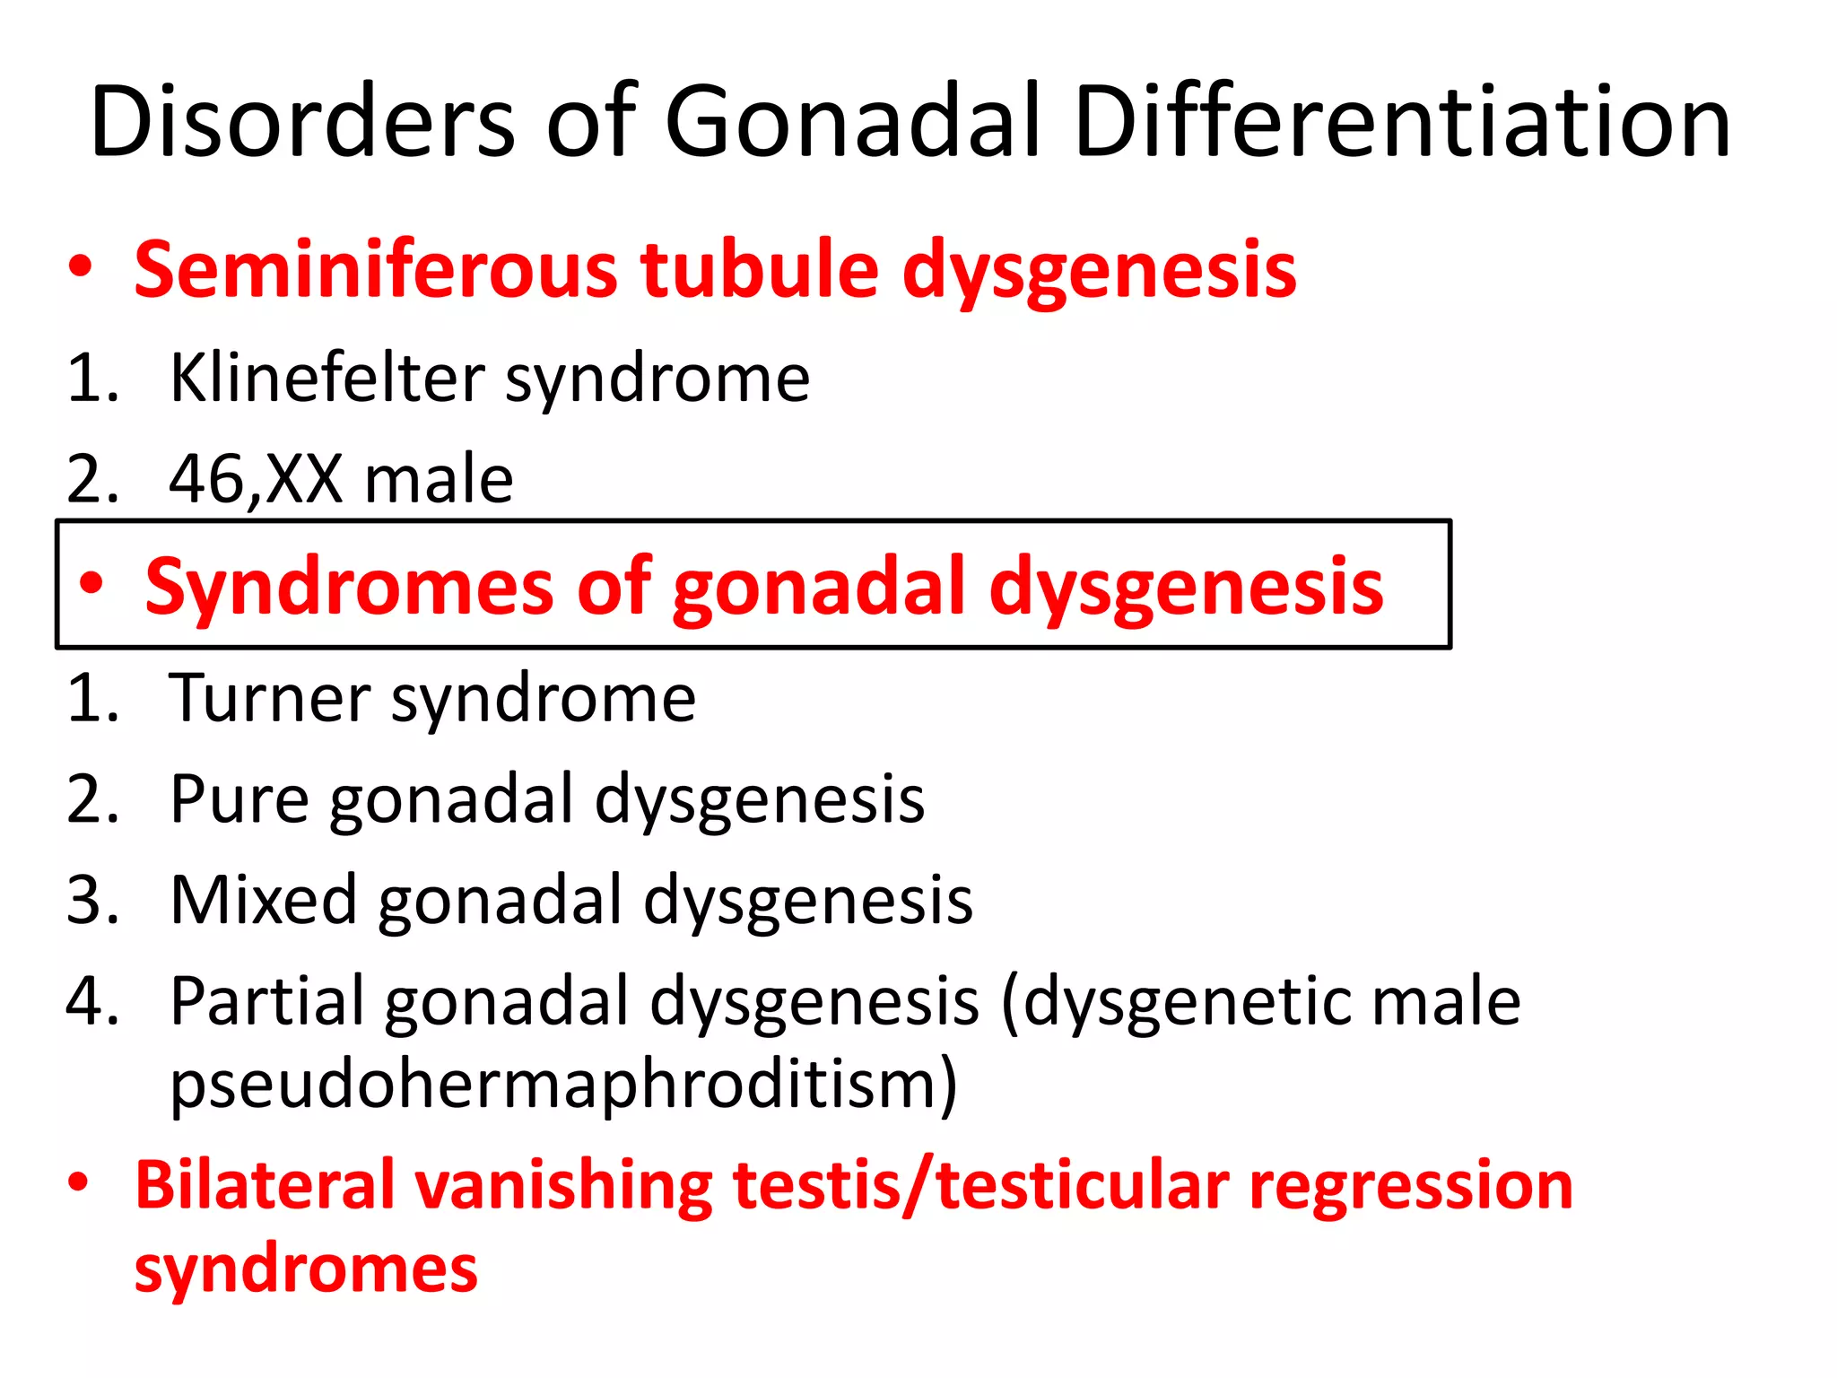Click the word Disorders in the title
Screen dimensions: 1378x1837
(302, 121)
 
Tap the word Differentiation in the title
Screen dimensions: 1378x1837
(1401, 121)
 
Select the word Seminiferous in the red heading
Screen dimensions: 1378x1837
(375, 270)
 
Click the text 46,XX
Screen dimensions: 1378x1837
(255, 480)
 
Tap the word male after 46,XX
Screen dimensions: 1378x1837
(439, 480)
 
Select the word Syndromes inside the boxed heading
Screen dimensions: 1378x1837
(349, 588)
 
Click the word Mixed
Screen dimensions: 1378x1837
(264, 900)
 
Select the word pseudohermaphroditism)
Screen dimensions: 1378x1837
(563, 1086)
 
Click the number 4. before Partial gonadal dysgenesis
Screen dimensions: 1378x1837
(92, 1001)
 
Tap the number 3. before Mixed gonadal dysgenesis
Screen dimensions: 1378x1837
(92, 900)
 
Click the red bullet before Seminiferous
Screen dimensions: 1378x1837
(80, 267)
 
